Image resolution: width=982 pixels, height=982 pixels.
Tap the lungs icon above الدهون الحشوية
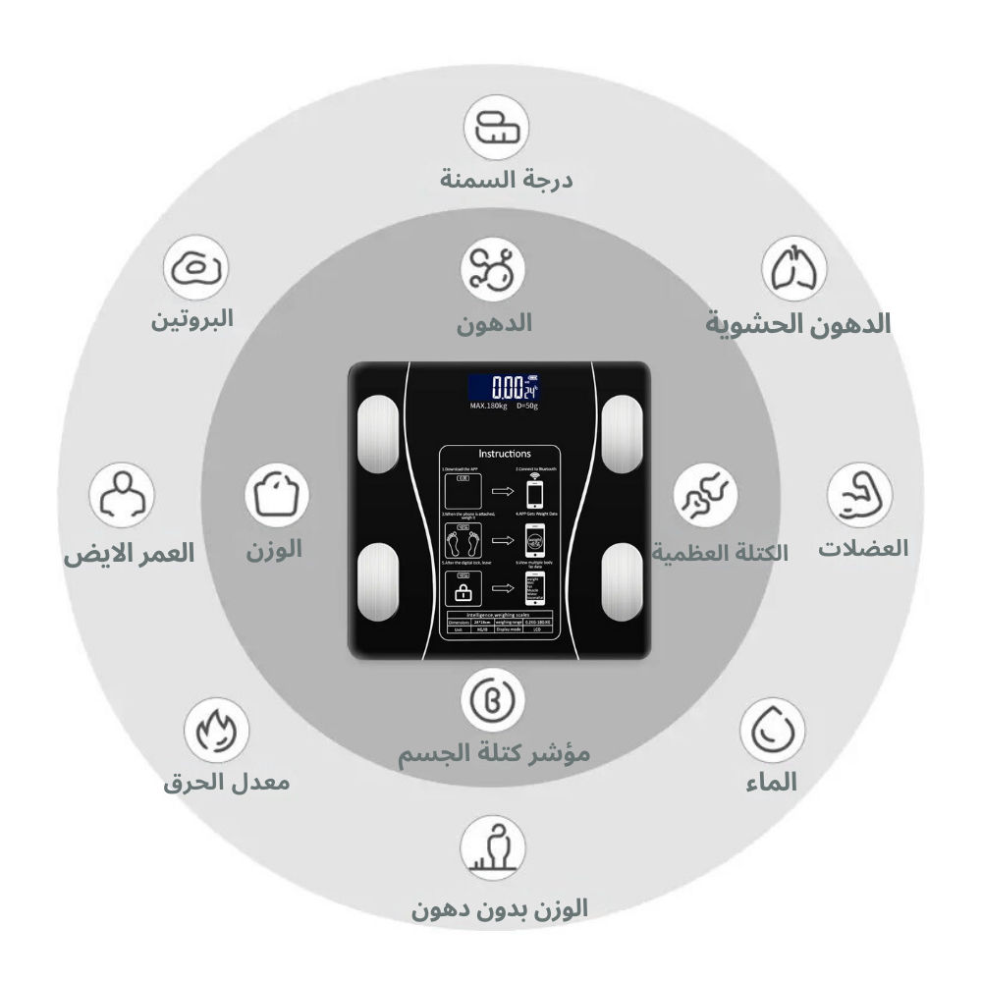click(x=794, y=268)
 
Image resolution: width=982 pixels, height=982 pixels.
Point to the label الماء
click(x=767, y=782)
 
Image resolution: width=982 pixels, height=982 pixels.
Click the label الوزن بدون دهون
click(x=500, y=908)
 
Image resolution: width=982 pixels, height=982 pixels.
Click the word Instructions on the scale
click(x=505, y=454)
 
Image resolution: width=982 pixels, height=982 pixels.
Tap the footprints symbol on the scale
click(x=460, y=539)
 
